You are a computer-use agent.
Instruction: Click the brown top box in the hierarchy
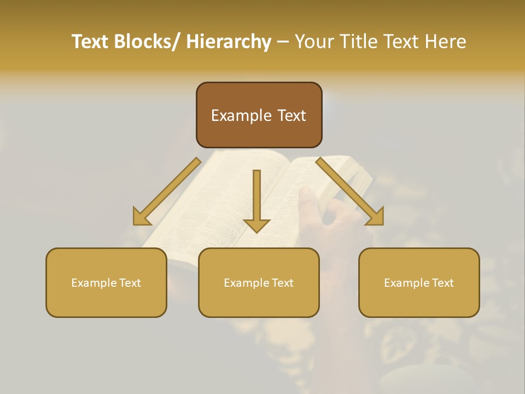259,115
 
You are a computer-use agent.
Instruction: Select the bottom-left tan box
106,282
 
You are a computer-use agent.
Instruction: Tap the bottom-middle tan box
259,282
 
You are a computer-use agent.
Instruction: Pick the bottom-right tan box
419,282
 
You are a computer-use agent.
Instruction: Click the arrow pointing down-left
166,192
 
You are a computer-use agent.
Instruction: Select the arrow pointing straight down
256,200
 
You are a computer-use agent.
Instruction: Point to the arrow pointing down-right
350,192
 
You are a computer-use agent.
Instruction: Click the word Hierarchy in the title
229,42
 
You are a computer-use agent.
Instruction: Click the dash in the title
283,42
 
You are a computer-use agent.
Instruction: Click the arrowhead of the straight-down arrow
256,225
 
